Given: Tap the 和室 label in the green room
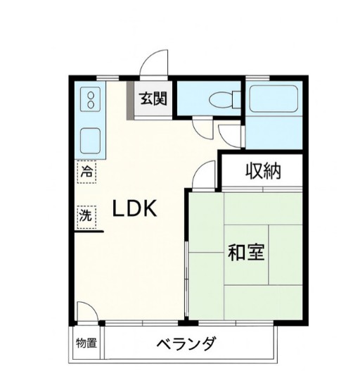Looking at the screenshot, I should pyautogui.click(x=245, y=251).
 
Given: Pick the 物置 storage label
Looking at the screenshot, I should pyautogui.click(x=86, y=344).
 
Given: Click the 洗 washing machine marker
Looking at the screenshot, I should pyautogui.click(x=85, y=216).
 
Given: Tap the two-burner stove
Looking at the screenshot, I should pyautogui.click(x=91, y=100).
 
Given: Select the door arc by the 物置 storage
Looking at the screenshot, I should pyautogui.click(x=86, y=312).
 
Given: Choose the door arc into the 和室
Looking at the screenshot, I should pyautogui.click(x=204, y=174).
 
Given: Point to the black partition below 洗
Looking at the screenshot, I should pyautogui.click(x=90, y=232).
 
